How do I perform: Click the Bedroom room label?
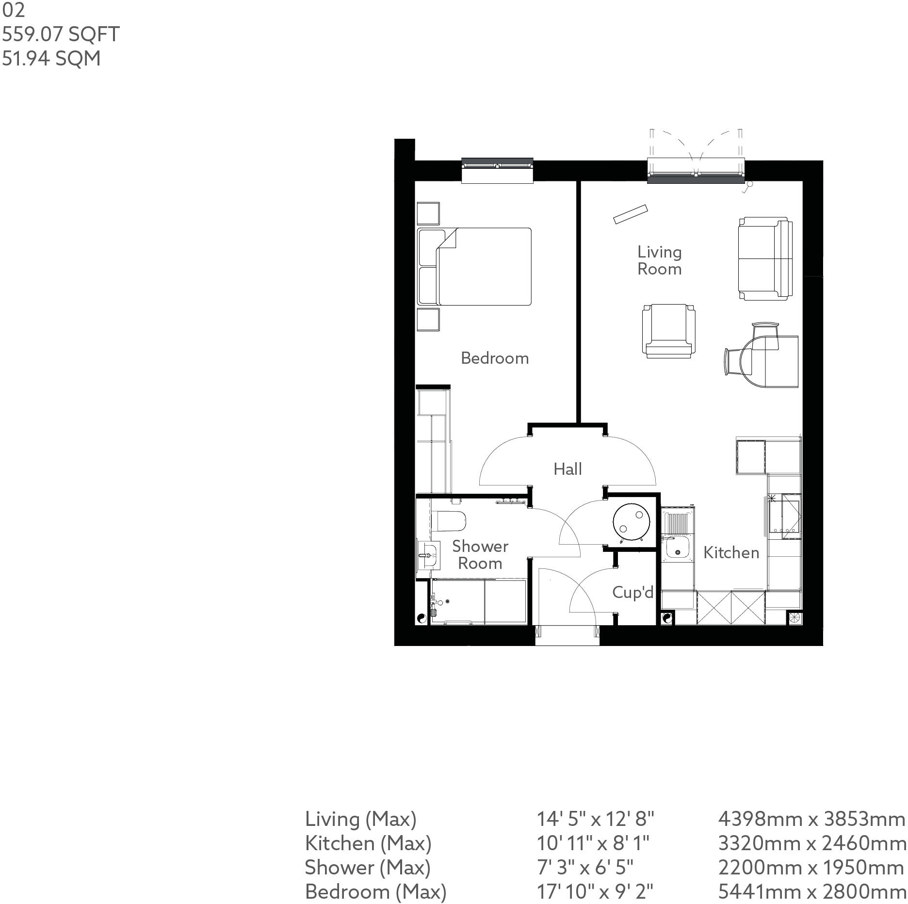coord(494,358)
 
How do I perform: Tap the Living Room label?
coord(659,260)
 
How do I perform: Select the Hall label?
coord(567,469)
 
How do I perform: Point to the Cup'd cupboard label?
coord(632,592)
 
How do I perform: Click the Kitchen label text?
coord(731,552)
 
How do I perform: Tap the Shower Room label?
coord(480,555)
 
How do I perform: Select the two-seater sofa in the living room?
coord(765,259)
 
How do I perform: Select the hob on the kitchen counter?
coord(784,516)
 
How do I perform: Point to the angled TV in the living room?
coord(630,214)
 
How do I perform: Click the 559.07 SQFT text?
coord(61,34)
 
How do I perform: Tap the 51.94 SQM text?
coord(51,59)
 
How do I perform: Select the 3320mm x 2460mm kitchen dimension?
coord(811,843)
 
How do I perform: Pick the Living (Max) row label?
coord(360,819)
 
